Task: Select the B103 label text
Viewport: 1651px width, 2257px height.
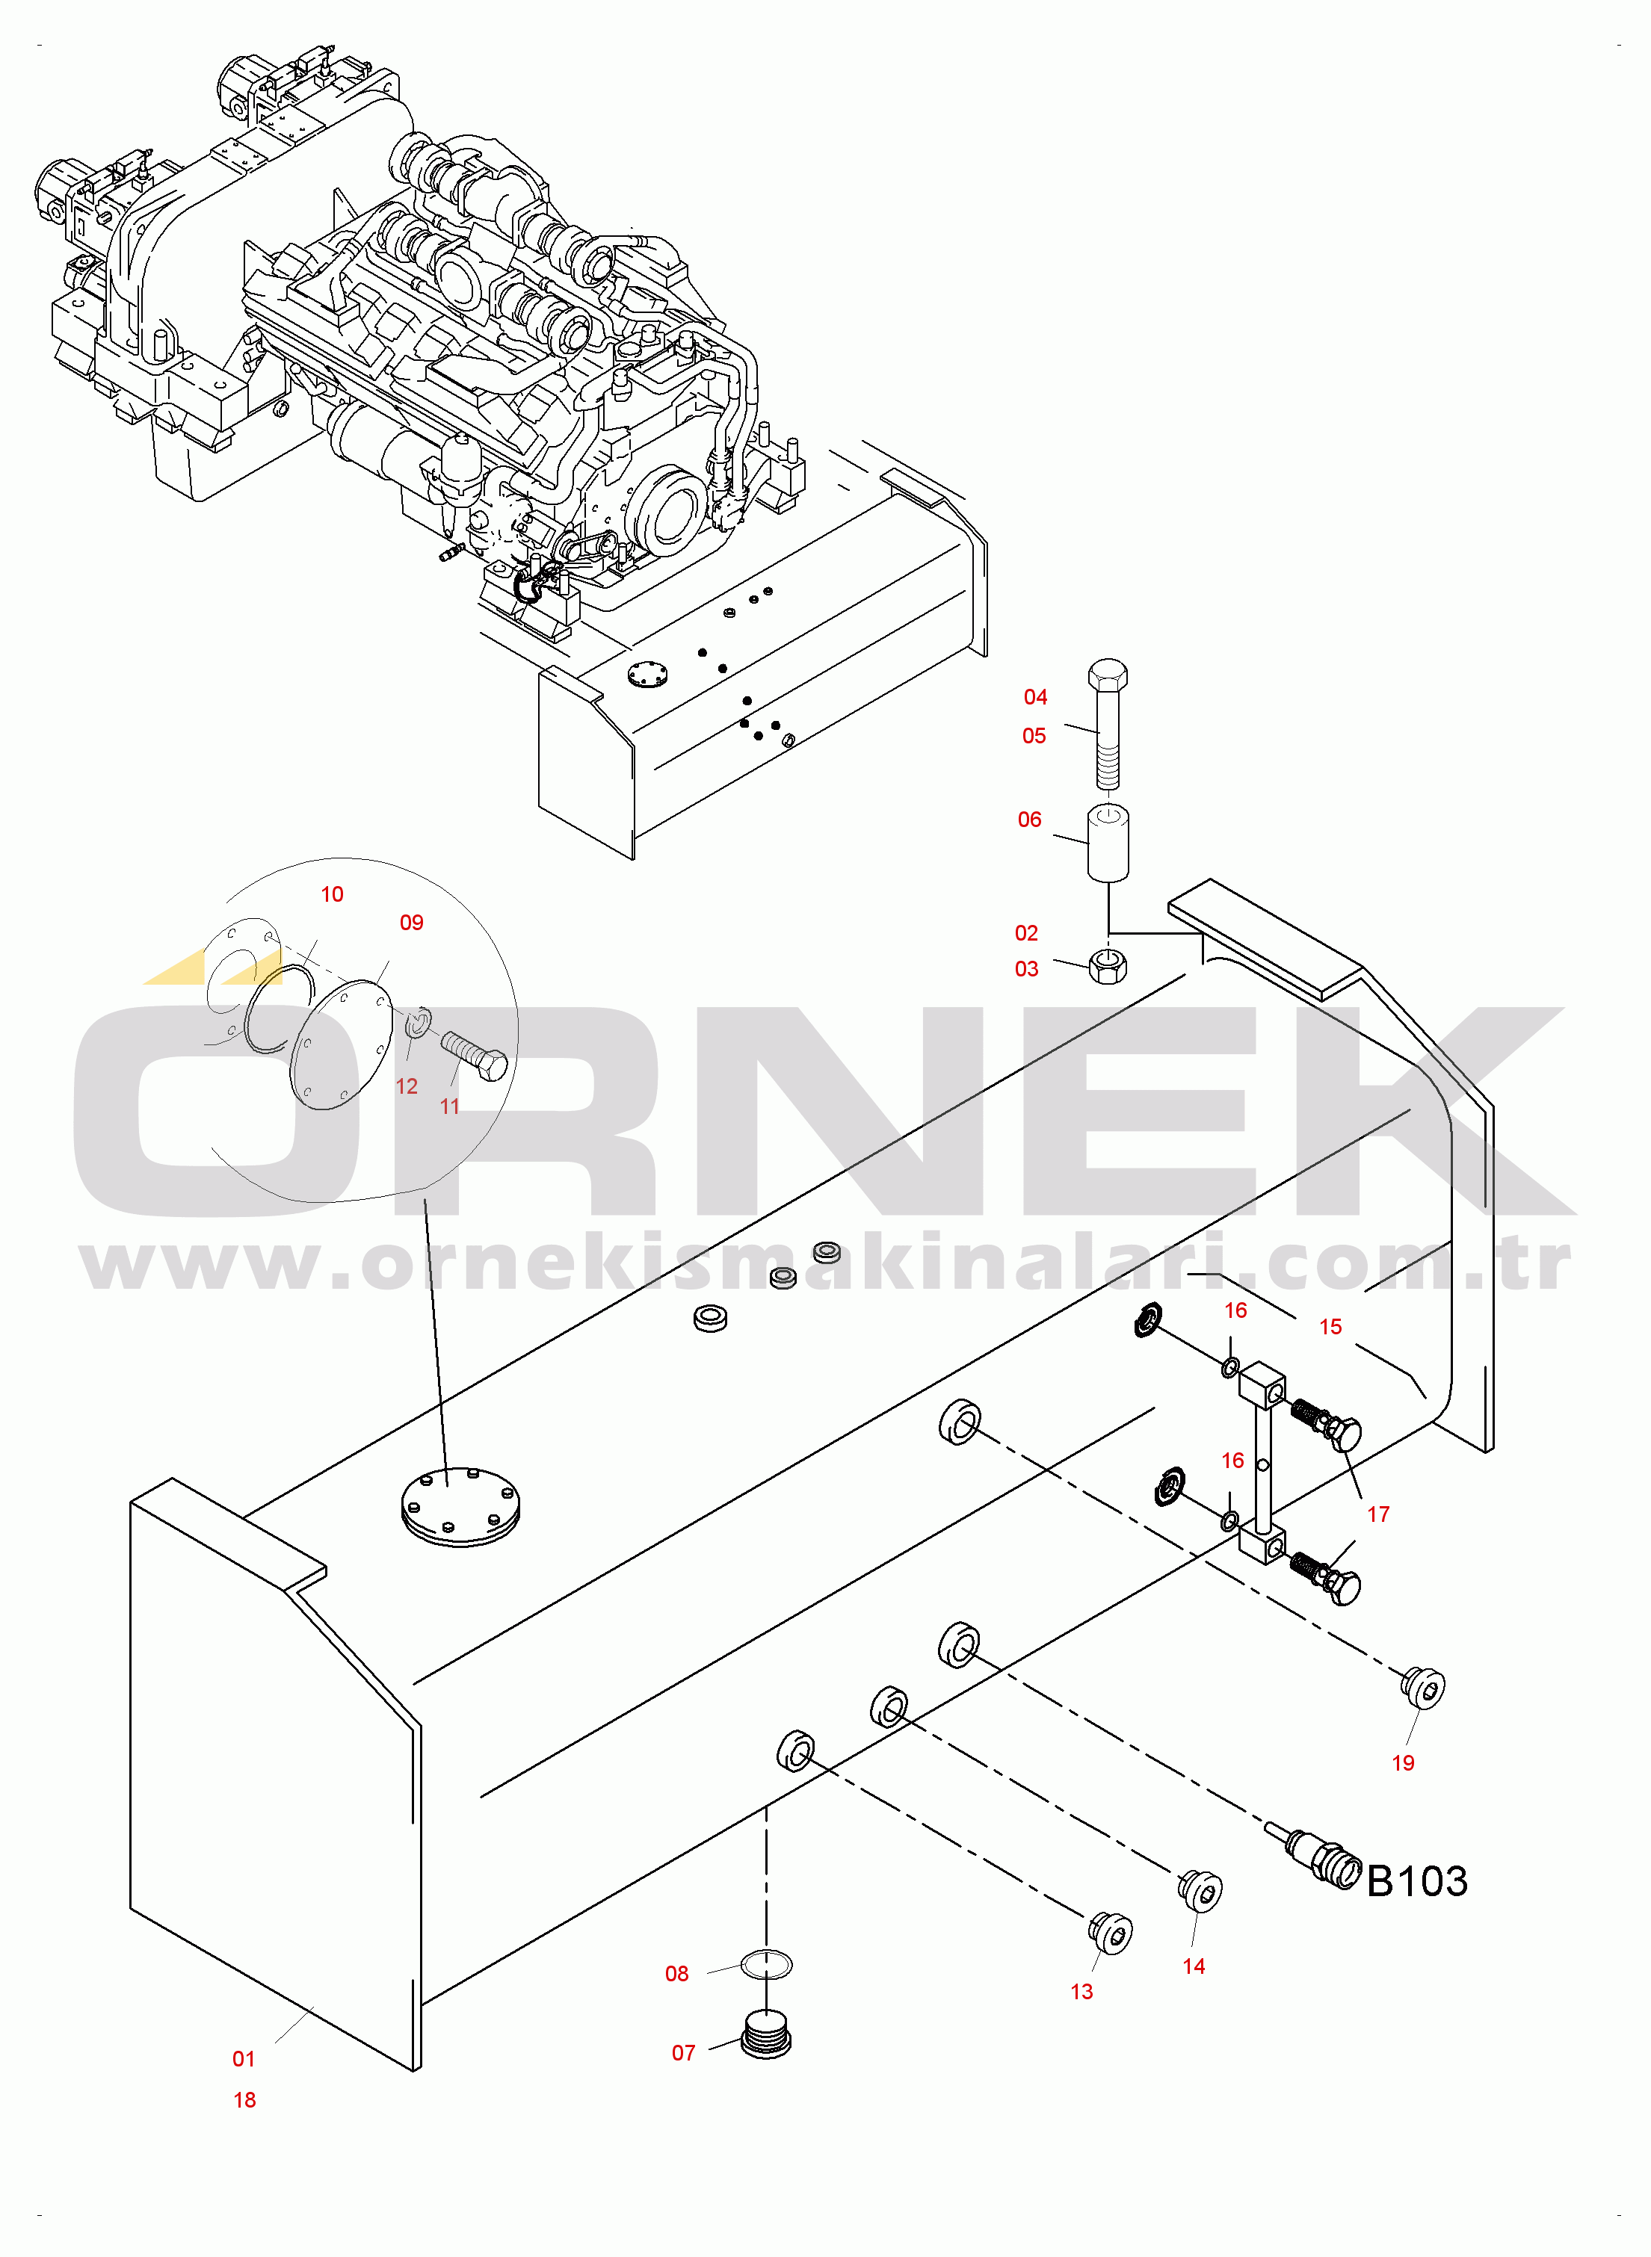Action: tap(1416, 1881)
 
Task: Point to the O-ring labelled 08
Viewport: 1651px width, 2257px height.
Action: tap(767, 1966)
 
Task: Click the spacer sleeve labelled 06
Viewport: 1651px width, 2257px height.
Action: tap(1108, 843)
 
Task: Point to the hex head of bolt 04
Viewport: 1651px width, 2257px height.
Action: tap(1108, 673)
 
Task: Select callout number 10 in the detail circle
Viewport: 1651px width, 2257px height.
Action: tap(332, 894)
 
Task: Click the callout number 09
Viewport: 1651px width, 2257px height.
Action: tap(412, 922)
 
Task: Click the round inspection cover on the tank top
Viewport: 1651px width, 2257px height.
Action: tap(460, 1507)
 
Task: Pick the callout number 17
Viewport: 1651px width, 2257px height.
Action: tap(1378, 1514)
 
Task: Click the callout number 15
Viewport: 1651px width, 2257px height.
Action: tap(1330, 1327)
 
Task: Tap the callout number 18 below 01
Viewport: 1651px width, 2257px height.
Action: tap(245, 2100)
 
